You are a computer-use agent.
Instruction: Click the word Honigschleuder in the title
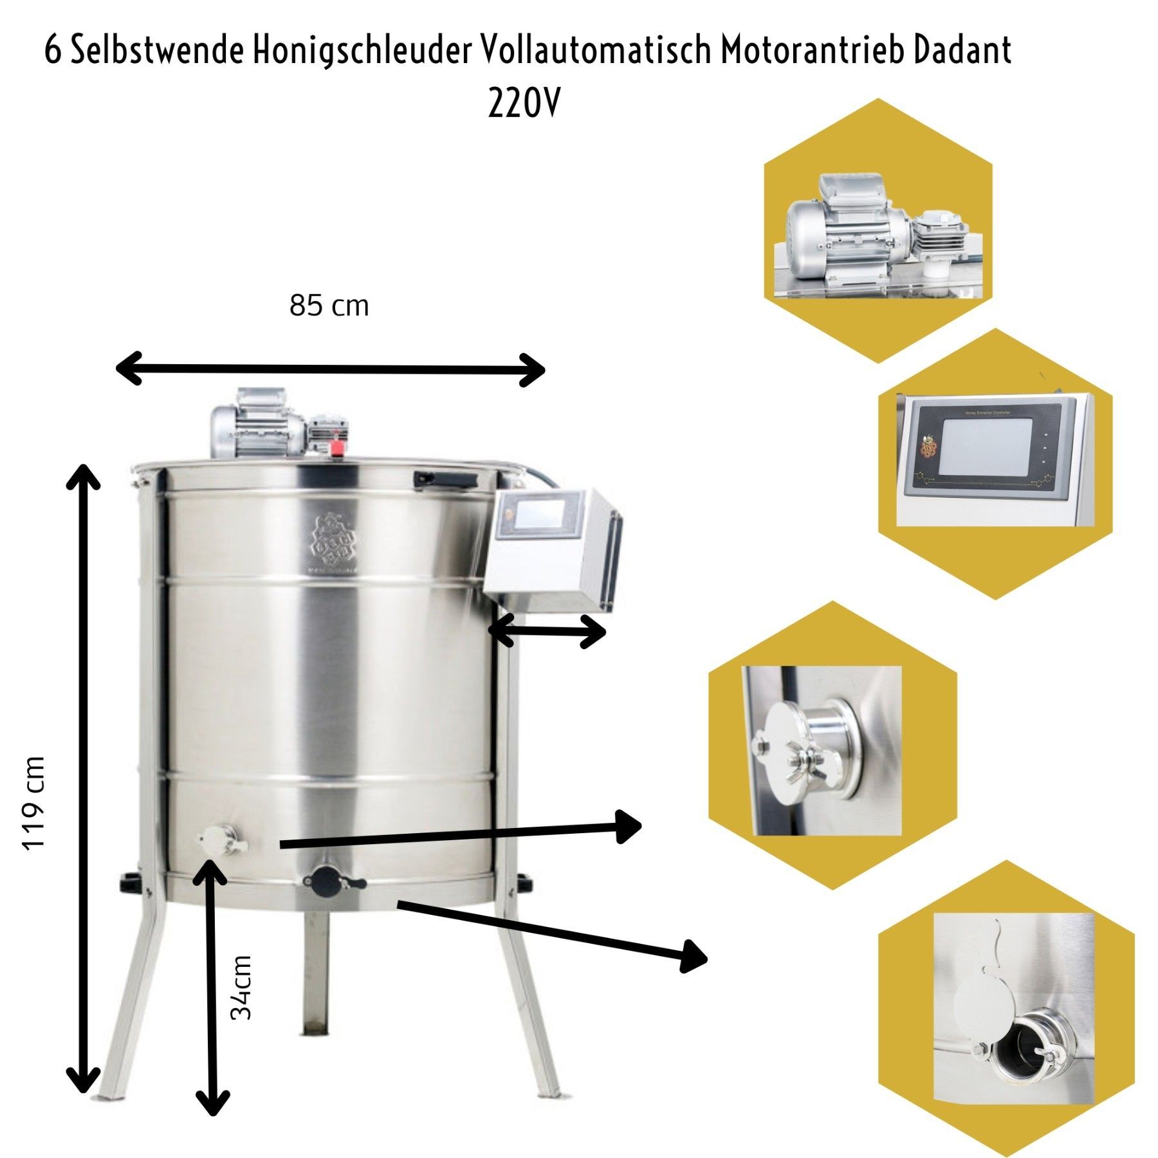pos(362,50)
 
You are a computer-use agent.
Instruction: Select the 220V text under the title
pos(524,103)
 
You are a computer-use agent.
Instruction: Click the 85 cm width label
pos(329,306)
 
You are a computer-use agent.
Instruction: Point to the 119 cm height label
pos(33,804)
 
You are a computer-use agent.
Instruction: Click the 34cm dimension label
pos(241,988)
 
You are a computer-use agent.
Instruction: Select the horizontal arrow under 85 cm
pos(330,369)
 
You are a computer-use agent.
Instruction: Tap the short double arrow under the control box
pos(547,631)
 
